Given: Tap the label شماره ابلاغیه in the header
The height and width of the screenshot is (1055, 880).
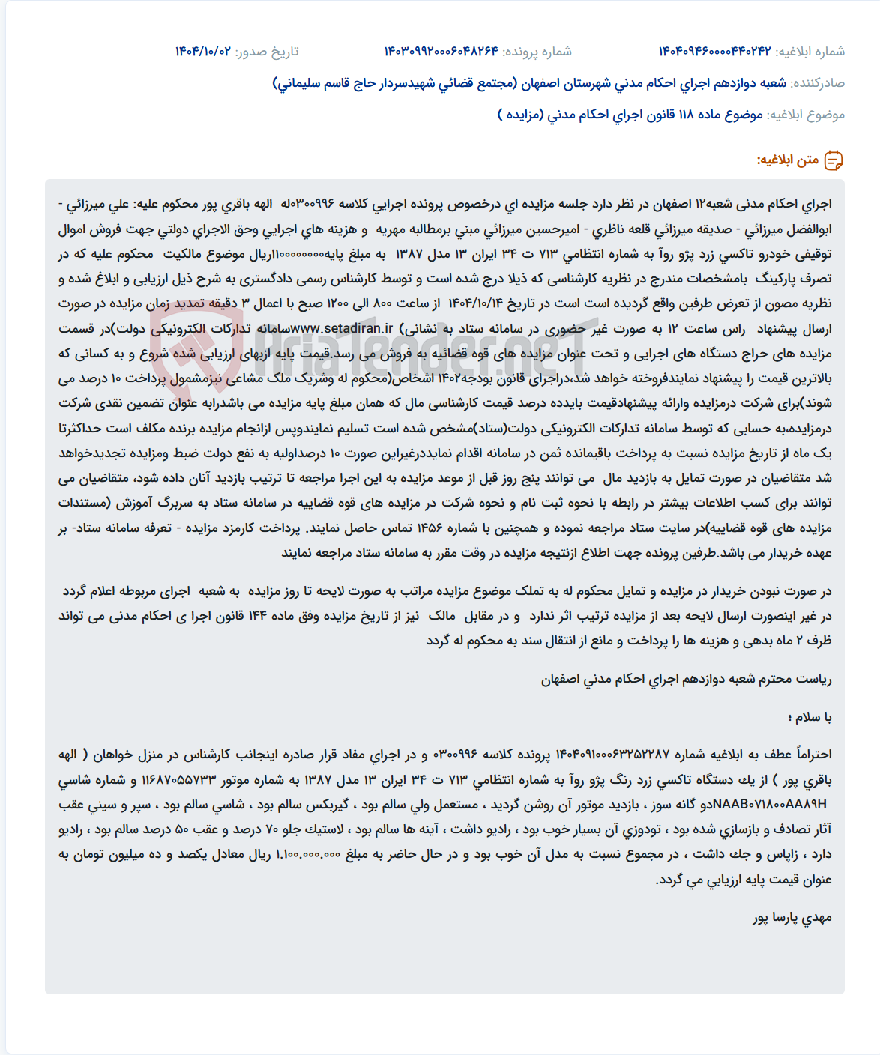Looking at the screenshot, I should tap(810, 52).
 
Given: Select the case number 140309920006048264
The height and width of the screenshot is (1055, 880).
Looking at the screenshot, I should tap(441, 52).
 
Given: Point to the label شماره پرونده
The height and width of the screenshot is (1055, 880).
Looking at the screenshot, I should tap(537, 52).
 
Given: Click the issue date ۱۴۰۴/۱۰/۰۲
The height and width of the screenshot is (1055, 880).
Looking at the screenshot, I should tap(203, 52).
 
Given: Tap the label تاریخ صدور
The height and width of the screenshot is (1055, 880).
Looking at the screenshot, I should tap(267, 52).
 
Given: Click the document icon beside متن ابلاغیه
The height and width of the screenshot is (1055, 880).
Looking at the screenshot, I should tap(834, 160).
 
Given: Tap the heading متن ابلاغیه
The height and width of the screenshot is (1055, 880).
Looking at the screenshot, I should tap(787, 160).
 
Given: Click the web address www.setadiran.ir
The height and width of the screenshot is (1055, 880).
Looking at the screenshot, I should tap(342, 328).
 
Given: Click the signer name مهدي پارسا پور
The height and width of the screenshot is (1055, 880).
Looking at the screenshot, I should tap(792, 918).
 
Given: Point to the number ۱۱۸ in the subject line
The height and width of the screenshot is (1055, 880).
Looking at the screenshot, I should tap(687, 115).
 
